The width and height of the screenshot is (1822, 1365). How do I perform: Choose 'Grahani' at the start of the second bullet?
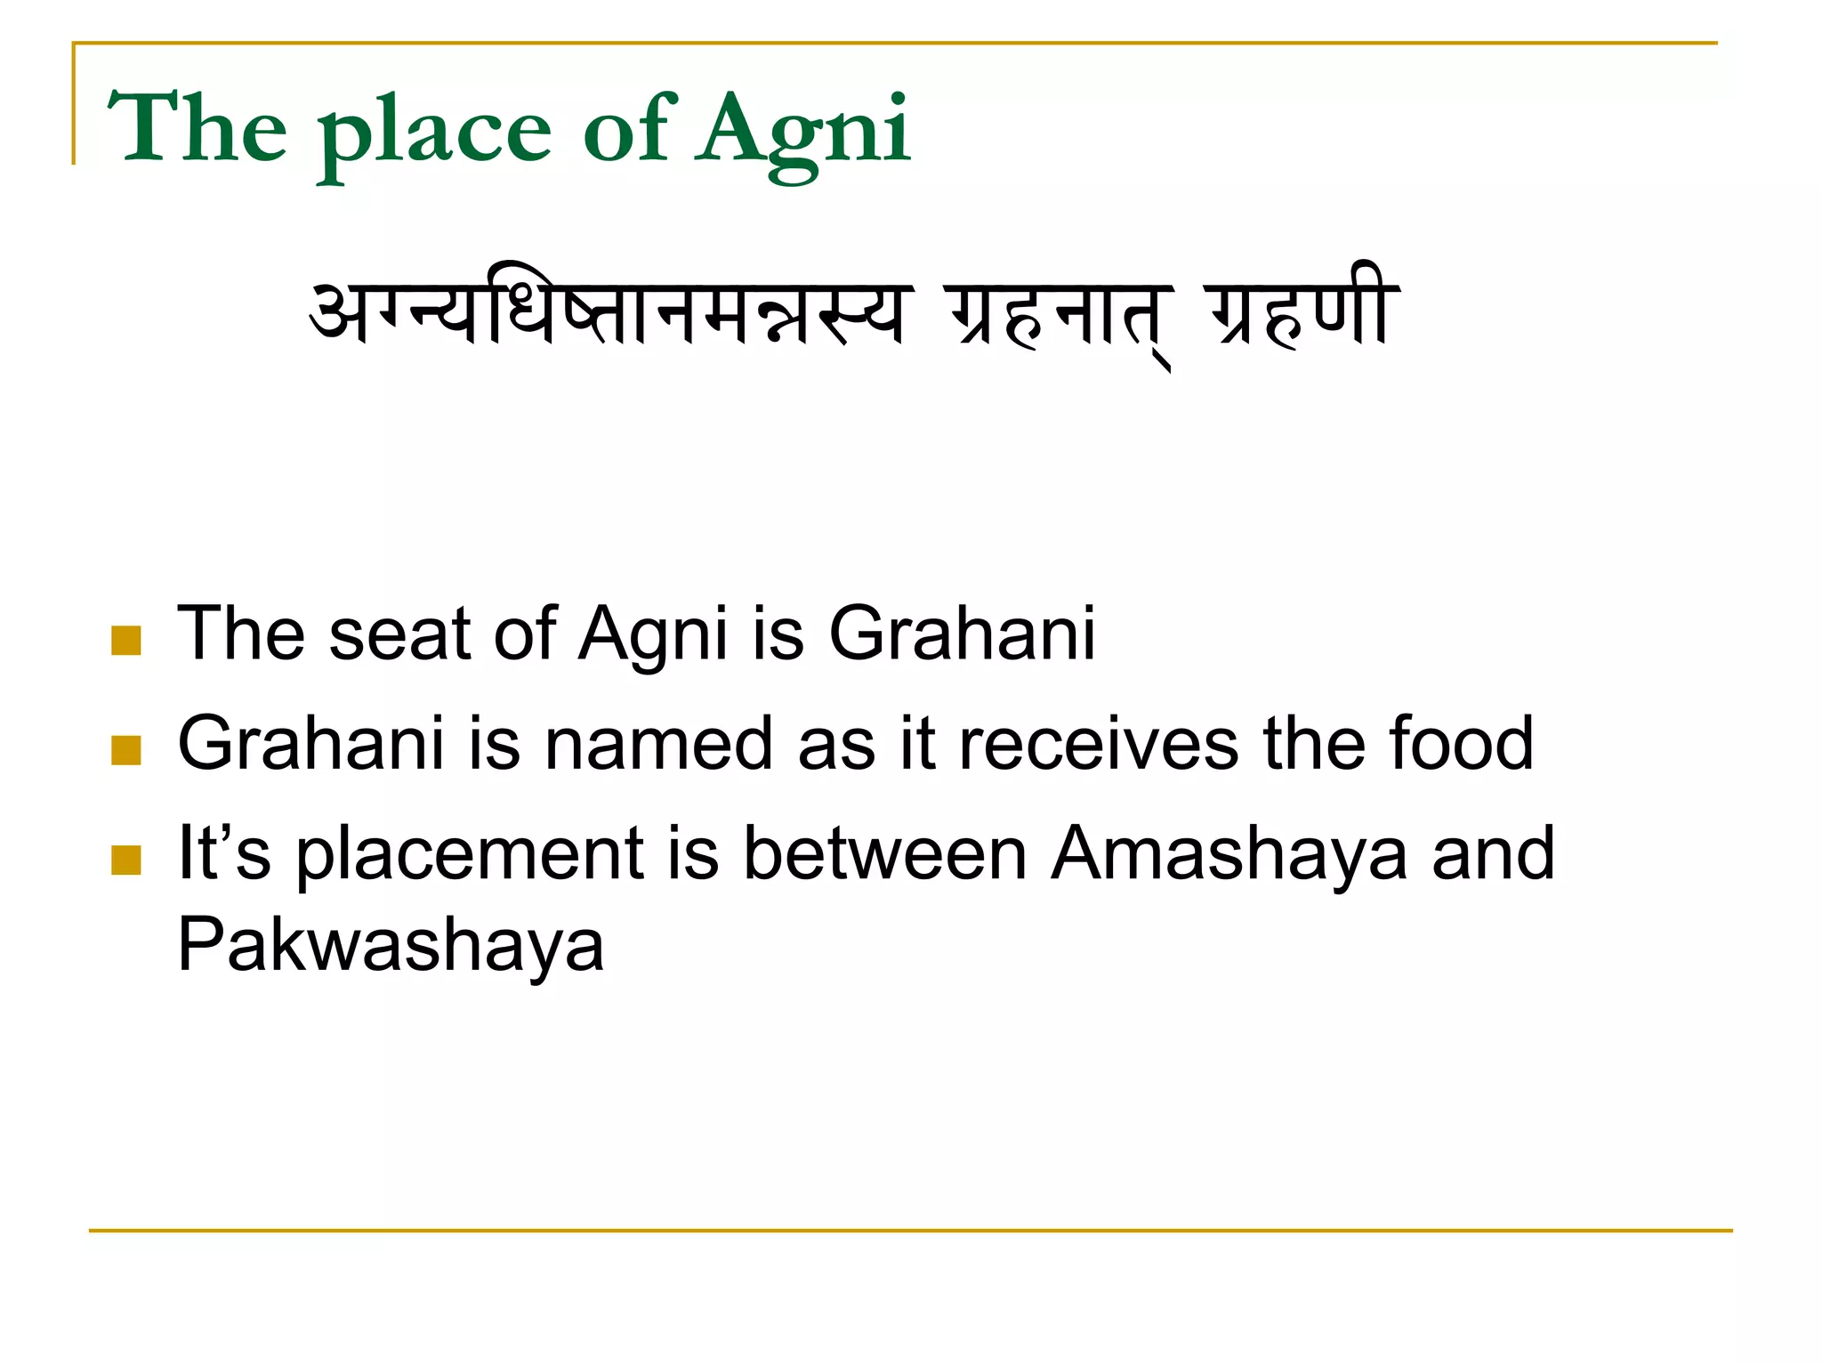[x=310, y=744]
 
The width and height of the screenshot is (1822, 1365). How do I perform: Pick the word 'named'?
[x=658, y=744]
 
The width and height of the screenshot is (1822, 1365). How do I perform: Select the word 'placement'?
[x=470, y=854]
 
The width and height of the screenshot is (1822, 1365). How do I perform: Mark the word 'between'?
[x=884, y=854]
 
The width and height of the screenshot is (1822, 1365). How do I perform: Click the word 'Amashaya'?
[x=1229, y=854]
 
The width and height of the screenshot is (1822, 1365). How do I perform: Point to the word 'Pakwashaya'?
[x=391, y=945]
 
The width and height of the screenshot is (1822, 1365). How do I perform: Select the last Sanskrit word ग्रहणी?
[x=1302, y=308]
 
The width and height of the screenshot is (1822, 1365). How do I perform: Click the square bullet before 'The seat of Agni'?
[x=126, y=640]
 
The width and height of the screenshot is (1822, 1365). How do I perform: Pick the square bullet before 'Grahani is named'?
[x=126, y=750]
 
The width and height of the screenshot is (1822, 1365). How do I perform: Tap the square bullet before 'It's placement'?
[x=126, y=860]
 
